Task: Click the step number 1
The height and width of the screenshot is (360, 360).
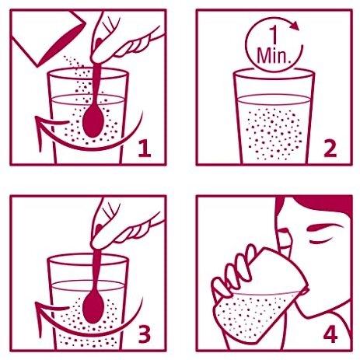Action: click(x=145, y=149)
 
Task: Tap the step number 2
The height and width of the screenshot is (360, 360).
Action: click(x=330, y=149)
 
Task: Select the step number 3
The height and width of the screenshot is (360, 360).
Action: click(x=145, y=334)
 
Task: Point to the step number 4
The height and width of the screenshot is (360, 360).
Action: click(x=330, y=334)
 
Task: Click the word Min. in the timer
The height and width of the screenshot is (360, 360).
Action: click(x=274, y=55)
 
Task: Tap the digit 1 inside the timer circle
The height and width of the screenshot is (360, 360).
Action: click(x=274, y=36)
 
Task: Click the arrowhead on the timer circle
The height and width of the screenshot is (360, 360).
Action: click(x=295, y=26)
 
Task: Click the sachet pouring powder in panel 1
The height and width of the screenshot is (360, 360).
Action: click(x=48, y=37)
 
